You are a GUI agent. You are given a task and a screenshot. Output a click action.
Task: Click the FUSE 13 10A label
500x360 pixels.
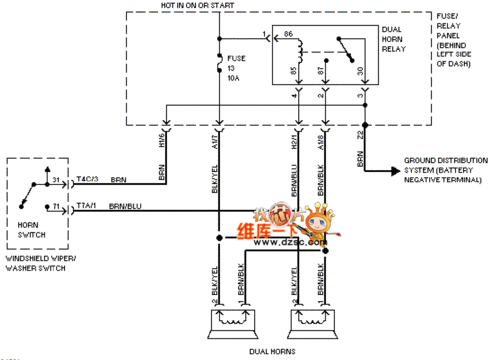coord(237,67)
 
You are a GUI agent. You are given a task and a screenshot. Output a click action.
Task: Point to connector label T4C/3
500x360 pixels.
coord(87,179)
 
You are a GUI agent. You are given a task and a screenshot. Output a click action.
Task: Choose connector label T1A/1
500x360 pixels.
coord(87,205)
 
